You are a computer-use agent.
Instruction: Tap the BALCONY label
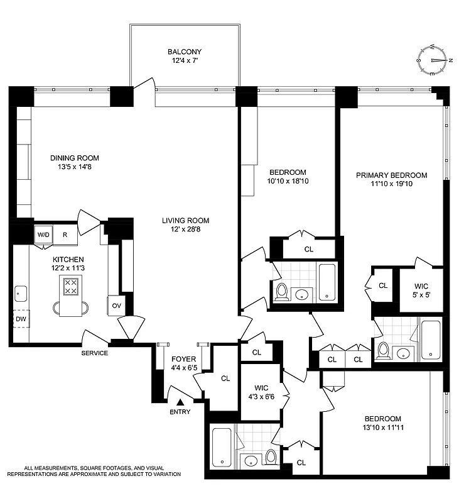(x=185, y=52)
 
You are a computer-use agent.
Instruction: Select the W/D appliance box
(x=43, y=235)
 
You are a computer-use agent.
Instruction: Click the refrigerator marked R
(x=65, y=235)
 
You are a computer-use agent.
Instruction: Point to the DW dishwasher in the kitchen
(x=21, y=319)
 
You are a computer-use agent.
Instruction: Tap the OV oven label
(x=116, y=305)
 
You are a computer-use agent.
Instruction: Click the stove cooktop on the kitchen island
(x=71, y=287)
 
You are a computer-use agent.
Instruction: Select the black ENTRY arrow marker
(x=180, y=402)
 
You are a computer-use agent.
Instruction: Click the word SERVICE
(x=94, y=353)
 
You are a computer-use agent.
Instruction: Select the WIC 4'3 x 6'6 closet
(x=261, y=392)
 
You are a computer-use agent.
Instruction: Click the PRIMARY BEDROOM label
(x=391, y=175)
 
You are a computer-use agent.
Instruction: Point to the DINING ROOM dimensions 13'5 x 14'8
(x=75, y=167)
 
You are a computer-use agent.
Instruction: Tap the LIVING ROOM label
(x=185, y=221)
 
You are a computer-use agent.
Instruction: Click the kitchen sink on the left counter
(x=20, y=292)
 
